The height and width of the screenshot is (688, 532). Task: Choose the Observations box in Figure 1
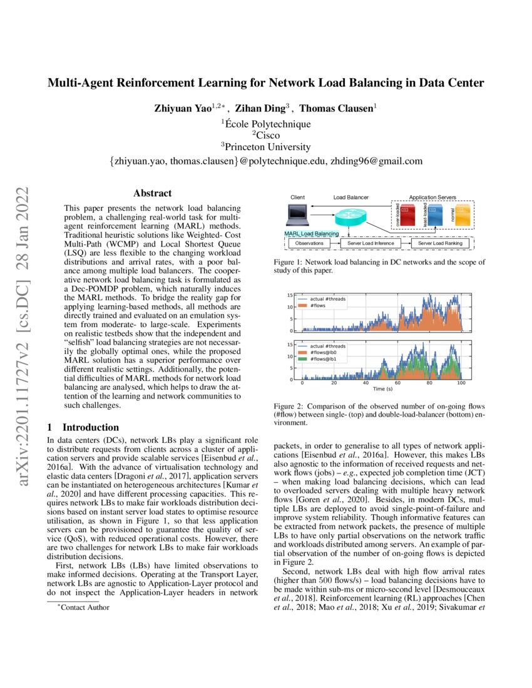[309, 243]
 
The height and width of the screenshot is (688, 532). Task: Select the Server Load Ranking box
[440, 243]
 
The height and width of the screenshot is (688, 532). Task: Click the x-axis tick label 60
[397, 382]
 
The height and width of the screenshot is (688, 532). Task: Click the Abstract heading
[152, 193]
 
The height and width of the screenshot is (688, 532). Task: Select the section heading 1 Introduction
[83, 427]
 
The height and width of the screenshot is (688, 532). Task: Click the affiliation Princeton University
[267, 147]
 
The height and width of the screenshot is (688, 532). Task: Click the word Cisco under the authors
[267, 134]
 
